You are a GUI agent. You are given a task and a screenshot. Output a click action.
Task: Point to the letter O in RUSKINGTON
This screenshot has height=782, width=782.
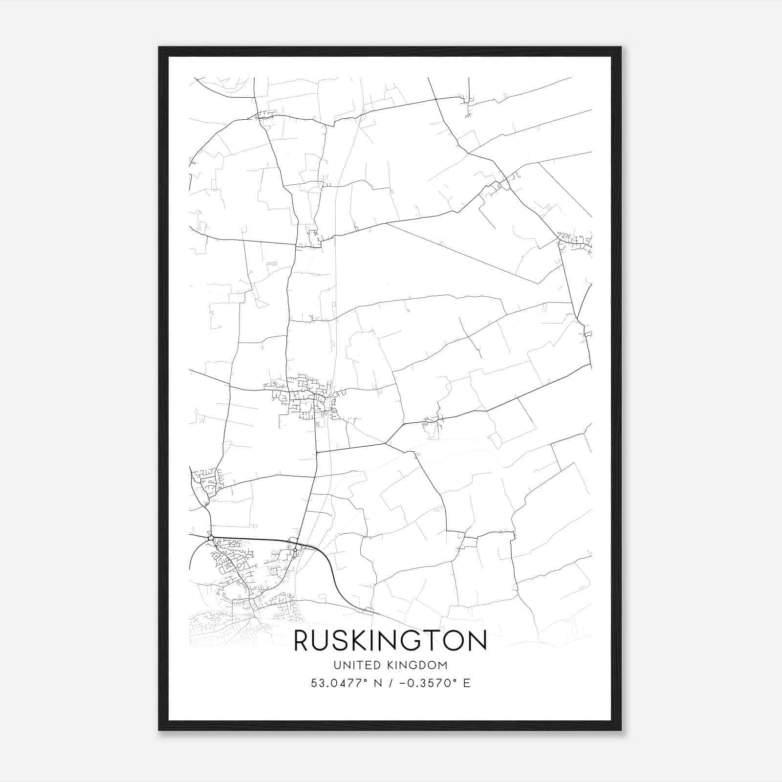tap(455, 641)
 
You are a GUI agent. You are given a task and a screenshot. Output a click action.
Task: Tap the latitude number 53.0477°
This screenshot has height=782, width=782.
tap(339, 683)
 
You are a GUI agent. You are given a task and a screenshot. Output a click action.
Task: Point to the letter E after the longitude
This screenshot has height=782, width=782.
tap(467, 683)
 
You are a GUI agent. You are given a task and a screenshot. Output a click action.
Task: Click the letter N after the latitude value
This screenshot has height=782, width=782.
tap(376, 683)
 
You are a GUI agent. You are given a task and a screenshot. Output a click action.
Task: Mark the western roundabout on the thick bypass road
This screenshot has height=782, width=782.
tap(211, 538)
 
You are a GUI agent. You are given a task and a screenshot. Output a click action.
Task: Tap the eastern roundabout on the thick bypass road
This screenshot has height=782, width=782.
tap(295, 550)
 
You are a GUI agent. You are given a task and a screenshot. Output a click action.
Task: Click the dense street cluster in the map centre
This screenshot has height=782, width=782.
tap(305, 398)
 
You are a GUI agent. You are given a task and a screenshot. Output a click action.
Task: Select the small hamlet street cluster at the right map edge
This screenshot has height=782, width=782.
tap(577, 241)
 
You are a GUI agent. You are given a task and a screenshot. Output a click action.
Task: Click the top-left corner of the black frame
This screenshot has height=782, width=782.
tap(159, 47)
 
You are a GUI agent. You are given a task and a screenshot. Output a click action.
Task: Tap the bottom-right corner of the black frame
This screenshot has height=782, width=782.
tap(621, 730)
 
